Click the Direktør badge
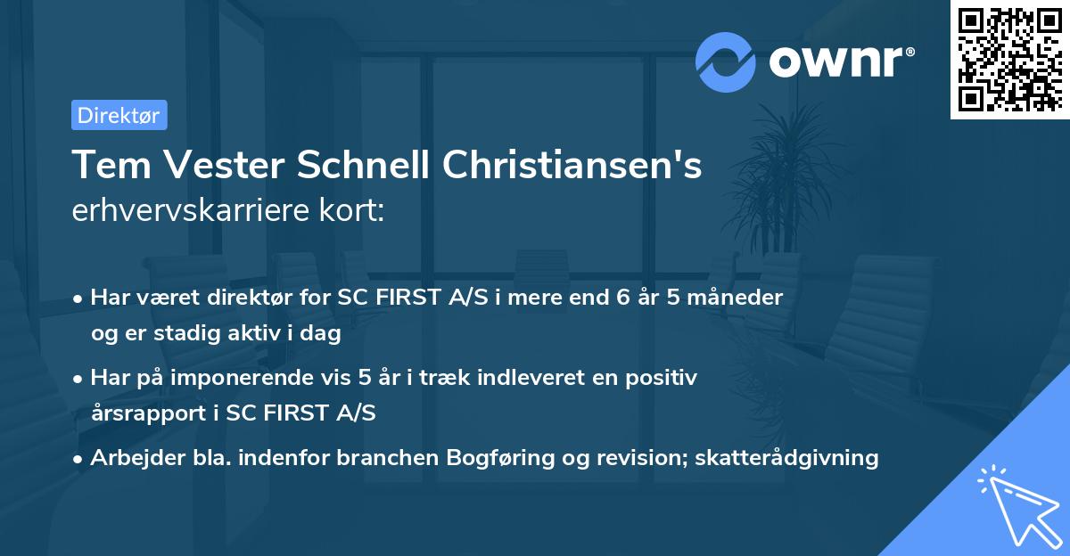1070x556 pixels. pos(119,115)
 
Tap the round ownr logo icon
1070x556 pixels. pos(726,62)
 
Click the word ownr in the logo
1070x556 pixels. pos(839,61)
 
